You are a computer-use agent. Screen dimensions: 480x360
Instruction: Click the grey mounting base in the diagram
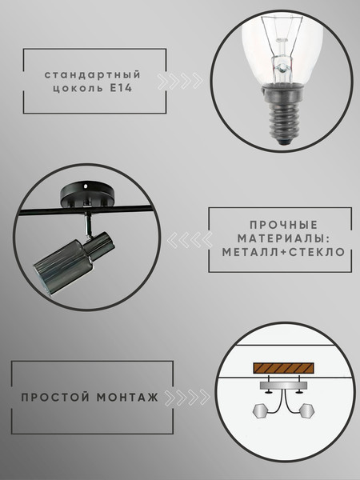coord(282,386)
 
